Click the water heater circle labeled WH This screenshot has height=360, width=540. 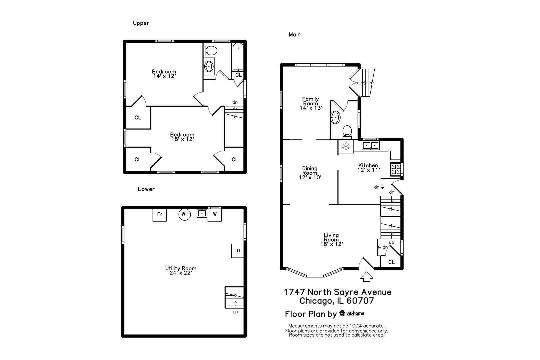pos(185,214)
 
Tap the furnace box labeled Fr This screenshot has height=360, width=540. pos(160,214)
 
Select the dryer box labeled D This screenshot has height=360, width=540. pos(238,251)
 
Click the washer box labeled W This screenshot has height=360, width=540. pos(215,214)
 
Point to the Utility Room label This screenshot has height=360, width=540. pos(181,268)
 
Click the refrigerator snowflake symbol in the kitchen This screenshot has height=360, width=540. pos(346,146)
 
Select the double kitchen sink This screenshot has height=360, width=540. pos(371,145)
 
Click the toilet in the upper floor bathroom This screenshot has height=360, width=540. pos(211,51)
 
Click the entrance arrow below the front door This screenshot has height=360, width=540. pos(367,277)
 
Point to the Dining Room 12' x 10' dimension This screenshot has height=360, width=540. pos(310,177)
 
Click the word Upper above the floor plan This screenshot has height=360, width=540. pos(141,23)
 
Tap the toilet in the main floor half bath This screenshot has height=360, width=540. pos(347,131)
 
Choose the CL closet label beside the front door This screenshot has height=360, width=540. pos(391,262)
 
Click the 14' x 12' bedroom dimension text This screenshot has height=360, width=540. pos(164,76)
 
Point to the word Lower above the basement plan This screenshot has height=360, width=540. pos(146,189)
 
